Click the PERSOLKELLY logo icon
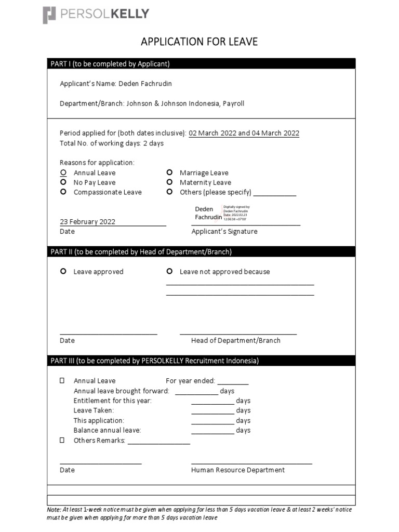pyautogui.click(x=49, y=15)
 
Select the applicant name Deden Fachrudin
pyautogui.click(x=145, y=84)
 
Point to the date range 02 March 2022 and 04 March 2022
pyautogui.click(x=244, y=133)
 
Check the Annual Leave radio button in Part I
pyautogui.click(x=63, y=172)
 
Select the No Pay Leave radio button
pyautogui.click(x=63, y=182)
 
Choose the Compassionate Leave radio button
pyautogui.click(x=63, y=192)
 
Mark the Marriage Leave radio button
pyautogui.click(x=169, y=172)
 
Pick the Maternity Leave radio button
pyautogui.click(x=169, y=182)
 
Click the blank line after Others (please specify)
pyautogui.click(x=275, y=193)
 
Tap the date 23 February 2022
pyautogui.click(x=88, y=222)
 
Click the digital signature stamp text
pyautogui.click(x=236, y=213)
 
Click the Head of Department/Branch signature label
pyautogui.click(x=235, y=341)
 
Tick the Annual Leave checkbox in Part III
pyautogui.click(x=62, y=381)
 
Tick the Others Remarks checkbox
pyautogui.click(x=62, y=441)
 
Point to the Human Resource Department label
pyautogui.click(x=237, y=470)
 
